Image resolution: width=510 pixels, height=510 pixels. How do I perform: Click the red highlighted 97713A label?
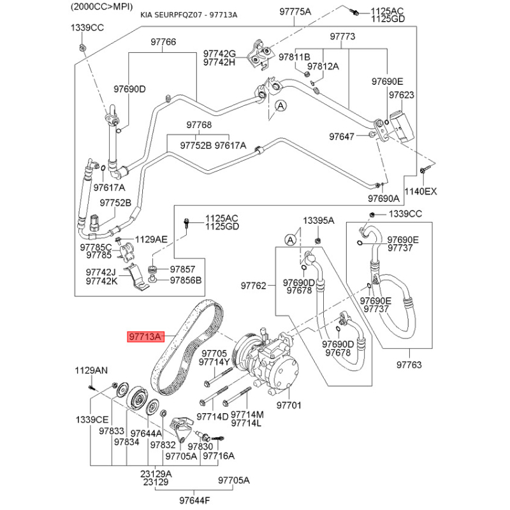pos(146,337)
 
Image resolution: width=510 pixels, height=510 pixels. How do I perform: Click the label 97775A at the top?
pos(295,12)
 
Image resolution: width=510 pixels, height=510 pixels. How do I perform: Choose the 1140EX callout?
pos(421,191)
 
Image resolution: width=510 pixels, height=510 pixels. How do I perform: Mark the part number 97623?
pos(402,95)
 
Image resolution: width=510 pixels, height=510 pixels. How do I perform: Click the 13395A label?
pos(318,221)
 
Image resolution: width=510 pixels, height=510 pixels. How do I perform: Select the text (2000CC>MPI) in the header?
pos(96,5)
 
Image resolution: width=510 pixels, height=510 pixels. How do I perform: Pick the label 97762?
pos(253,286)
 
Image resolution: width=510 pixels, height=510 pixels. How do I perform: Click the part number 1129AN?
pos(92,370)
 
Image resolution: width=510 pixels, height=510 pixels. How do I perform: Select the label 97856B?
pos(186,280)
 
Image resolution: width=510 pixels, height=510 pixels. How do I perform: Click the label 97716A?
pos(219,456)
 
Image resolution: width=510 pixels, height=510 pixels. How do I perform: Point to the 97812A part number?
pos(323,66)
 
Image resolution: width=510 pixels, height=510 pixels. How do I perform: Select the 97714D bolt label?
pos(212,416)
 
